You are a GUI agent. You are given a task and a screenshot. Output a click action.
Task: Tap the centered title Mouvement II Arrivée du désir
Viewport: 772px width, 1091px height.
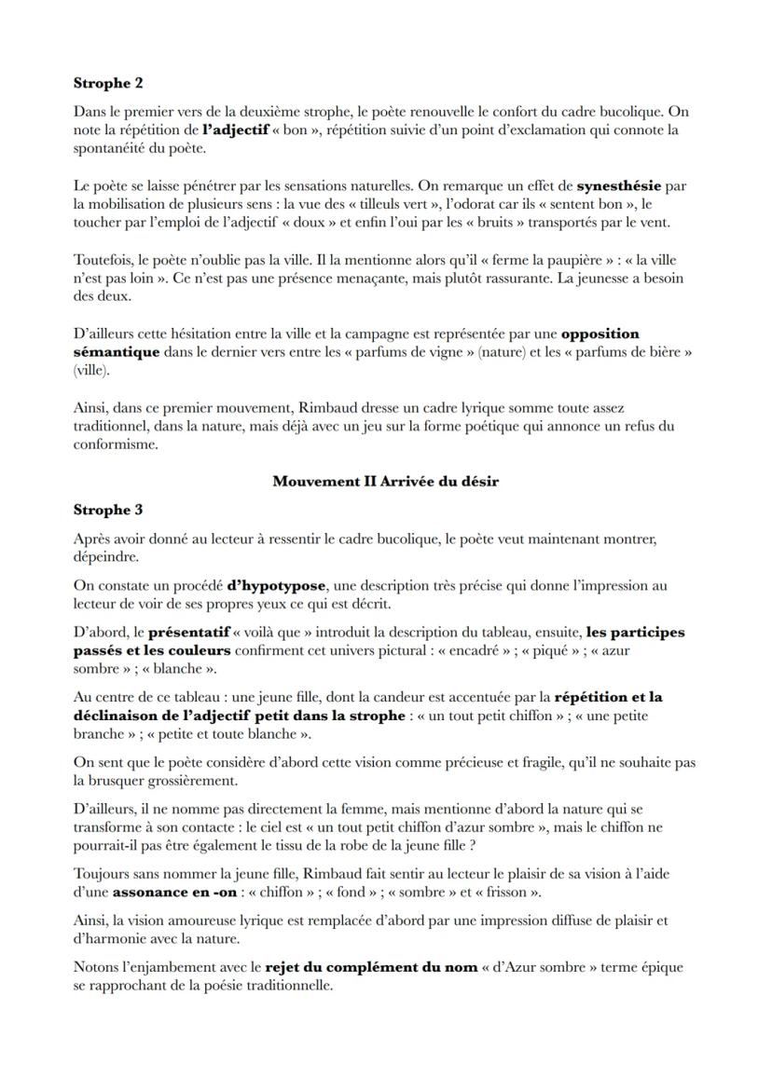pyautogui.click(x=385, y=482)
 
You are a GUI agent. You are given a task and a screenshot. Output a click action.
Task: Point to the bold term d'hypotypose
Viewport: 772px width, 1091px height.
pyautogui.click(x=276, y=585)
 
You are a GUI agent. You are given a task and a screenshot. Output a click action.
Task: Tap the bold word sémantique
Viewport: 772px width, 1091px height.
pyautogui.click(x=116, y=352)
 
